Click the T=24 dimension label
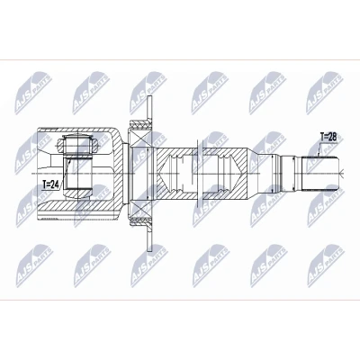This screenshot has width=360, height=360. (x=50, y=184)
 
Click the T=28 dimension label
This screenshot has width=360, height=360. (x=328, y=138)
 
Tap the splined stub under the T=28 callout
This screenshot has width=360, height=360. (x=320, y=174)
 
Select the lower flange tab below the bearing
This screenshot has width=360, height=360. (x=150, y=238)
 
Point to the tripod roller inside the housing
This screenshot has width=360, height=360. (x=77, y=143)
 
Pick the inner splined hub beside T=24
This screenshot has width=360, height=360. (x=77, y=174)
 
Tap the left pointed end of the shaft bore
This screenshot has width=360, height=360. (x=160, y=174)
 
